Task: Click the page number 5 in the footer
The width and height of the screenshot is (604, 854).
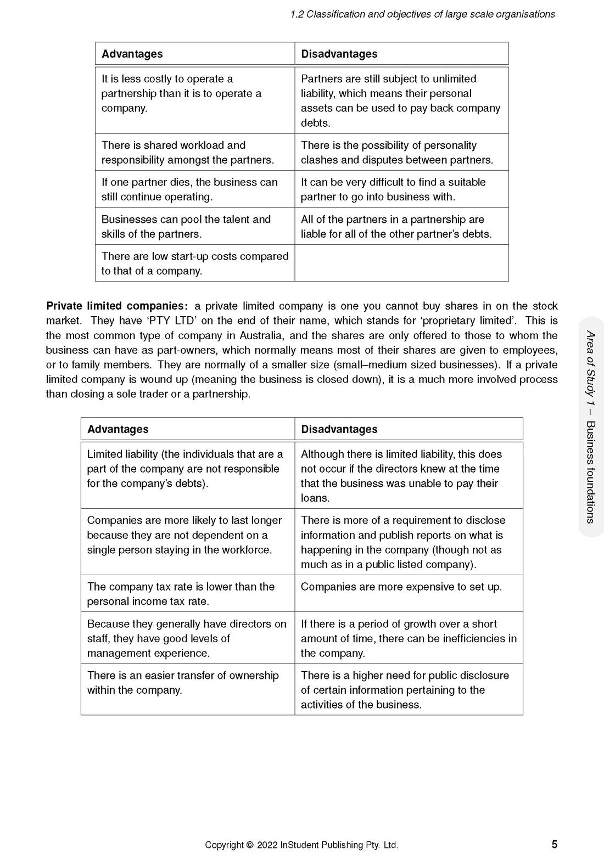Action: pos(555,844)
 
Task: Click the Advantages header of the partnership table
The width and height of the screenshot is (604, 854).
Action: pos(132,54)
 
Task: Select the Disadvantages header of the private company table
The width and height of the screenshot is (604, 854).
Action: pos(339,429)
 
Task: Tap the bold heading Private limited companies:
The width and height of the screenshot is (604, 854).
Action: pos(117,306)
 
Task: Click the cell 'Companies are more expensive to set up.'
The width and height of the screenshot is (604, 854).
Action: pos(401,587)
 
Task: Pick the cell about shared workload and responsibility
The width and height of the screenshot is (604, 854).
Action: pos(187,153)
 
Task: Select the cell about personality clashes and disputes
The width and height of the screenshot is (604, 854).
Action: pos(397,153)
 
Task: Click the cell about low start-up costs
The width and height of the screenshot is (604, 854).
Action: pos(194,263)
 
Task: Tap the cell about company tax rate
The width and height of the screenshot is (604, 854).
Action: pos(181,594)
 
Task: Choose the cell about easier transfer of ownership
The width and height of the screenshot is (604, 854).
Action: pos(183,683)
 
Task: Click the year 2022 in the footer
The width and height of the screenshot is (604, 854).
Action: pos(267,845)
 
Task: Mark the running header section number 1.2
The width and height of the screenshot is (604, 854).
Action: pos(297,14)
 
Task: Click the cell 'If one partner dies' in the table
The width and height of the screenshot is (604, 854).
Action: pos(189,189)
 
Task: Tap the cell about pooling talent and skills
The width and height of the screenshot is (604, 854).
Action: pos(186,227)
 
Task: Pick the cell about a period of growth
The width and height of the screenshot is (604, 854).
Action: pos(409,638)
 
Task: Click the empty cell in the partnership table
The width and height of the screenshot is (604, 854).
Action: pos(401,263)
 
